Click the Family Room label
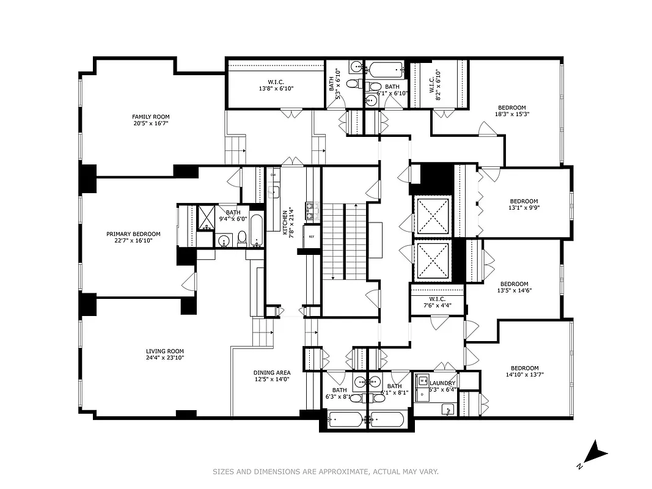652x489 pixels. coord(151,116)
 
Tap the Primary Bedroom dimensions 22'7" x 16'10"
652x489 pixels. coord(133,241)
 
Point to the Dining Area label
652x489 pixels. coord(272,372)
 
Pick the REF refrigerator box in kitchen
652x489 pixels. coord(311,236)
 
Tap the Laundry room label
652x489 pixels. coord(442,383)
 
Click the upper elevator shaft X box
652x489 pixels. coord(432,215)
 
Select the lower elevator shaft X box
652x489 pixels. coord(432,261)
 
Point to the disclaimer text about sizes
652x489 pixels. coord(326,471)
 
